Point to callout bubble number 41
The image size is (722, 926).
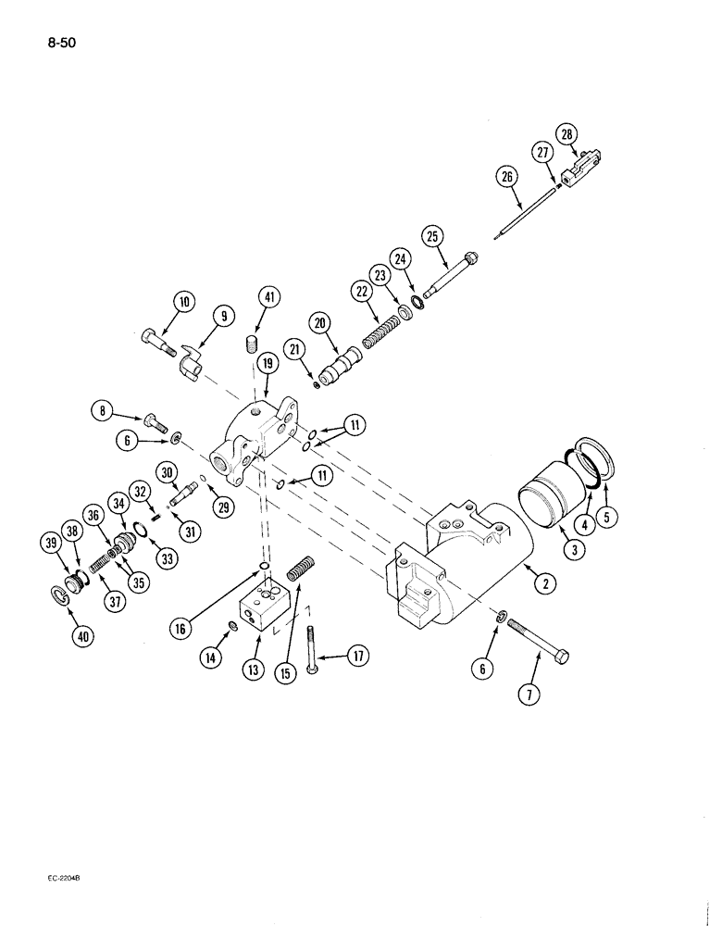268,297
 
